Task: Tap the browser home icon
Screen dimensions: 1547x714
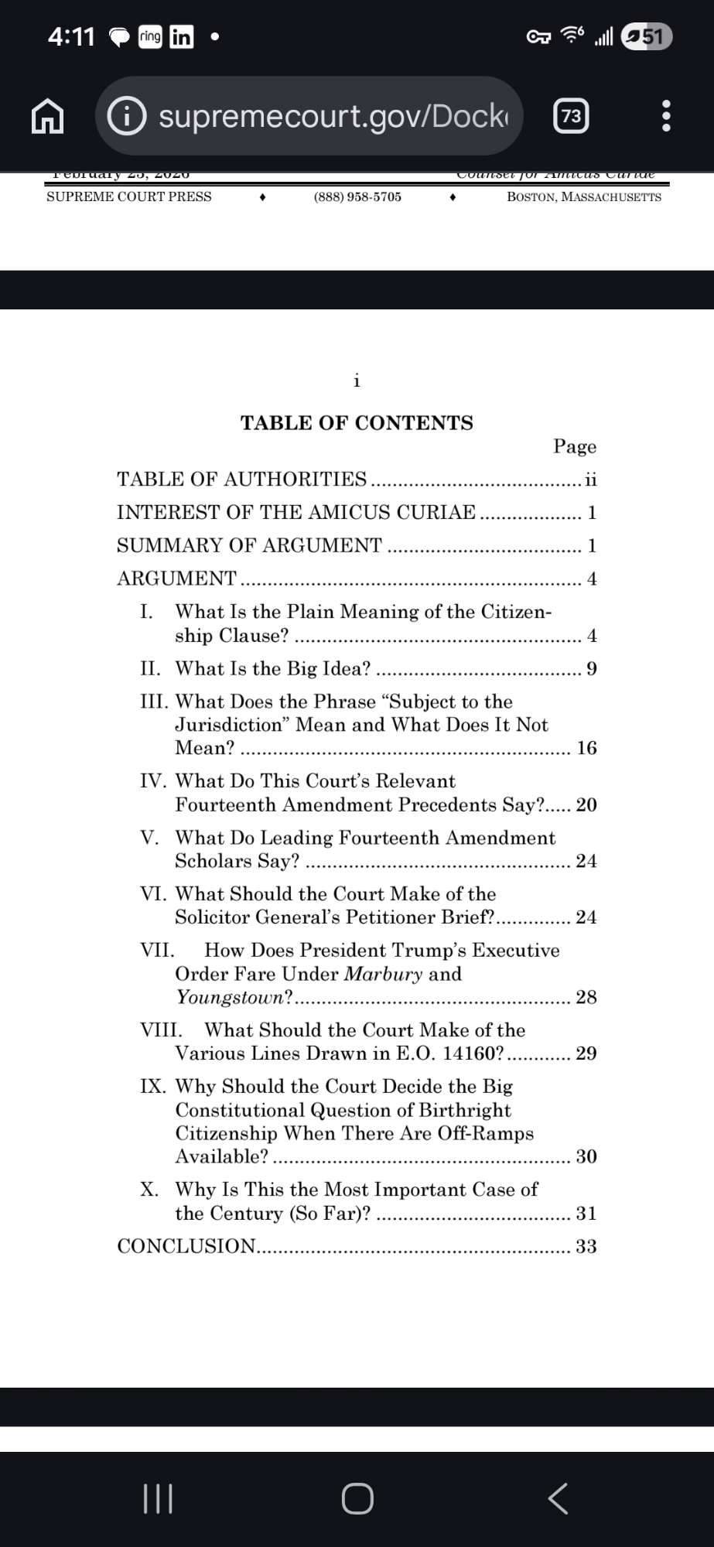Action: (x=47, y=116)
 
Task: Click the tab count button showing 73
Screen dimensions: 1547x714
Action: (x=572, y=116)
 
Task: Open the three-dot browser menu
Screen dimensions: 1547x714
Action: (x=667, y=116)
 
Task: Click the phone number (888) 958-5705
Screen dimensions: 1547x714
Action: (x=357, y=196)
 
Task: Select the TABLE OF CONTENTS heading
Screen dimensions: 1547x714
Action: (x=357, y=423)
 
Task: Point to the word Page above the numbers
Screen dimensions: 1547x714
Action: (x=575, y=446)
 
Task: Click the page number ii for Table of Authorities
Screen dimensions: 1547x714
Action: (x=591, y=480)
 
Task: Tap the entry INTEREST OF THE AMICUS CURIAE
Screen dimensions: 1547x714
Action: (x=296, y=512)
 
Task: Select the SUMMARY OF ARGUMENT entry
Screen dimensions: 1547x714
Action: (x=249, y=545)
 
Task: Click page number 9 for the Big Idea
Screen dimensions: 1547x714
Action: (x=592, y=668)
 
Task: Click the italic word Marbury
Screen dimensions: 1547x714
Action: (x=383, y=974)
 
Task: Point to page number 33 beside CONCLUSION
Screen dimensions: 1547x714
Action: (x=586, y=1246)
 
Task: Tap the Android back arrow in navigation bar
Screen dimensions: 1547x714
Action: (x=558, y=1498)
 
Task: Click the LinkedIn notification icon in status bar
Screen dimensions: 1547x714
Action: (x=181, y=36)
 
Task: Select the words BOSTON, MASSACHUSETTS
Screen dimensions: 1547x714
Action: (x=584, y=196)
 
